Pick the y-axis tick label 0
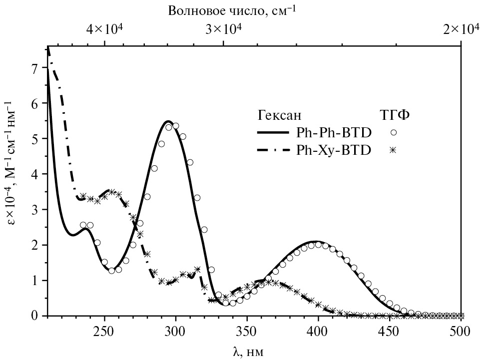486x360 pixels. click(34, 316)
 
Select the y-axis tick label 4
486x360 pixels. click(34, 174)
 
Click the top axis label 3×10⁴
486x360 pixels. click(225, 29)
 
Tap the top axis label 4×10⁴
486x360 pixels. click(105, 29)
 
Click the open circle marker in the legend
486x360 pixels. click(394, 133)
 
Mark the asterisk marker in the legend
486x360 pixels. click(394, 150)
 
